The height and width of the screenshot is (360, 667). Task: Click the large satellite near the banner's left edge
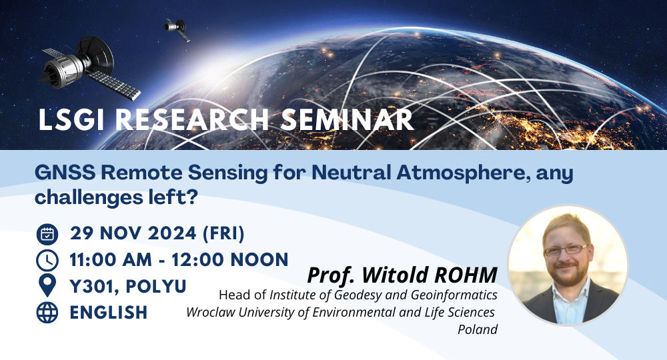coord(89,68)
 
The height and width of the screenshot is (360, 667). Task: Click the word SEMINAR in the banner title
coord(347,119)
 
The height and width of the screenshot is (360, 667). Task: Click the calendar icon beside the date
coord(47,234)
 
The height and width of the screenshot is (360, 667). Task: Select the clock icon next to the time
coord(47,260)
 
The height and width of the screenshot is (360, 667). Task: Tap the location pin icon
coord(47,285)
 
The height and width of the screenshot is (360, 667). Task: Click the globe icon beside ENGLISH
coord(47,313)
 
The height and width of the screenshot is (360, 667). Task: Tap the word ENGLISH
coord(109,313)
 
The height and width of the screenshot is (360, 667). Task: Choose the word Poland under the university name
coord(478,329)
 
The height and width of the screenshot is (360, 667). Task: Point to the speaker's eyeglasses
coord(566,249)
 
